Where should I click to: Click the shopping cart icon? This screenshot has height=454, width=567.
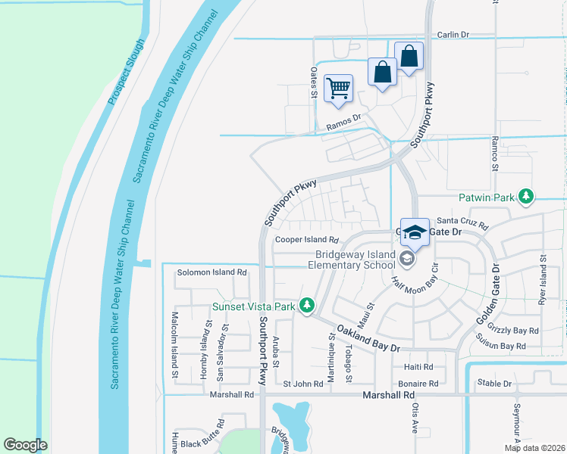[x=338, y=88]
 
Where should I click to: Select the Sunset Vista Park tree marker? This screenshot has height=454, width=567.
[x=307, y=305]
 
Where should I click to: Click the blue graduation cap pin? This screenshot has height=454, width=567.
[x=415, y=232]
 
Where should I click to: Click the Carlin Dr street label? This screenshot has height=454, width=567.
[x=454, y=35]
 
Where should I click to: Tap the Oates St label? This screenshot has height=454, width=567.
[x=313, y=82]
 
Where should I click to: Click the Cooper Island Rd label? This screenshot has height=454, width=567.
[x=305, y=239]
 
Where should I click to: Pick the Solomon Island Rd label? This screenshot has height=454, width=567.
[x=211, y=272]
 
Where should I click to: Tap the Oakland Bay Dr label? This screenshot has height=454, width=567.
[x=368, y=339]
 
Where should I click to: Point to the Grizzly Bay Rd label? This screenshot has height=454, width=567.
[x=514, y=331]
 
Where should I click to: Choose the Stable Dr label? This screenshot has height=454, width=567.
[x=494, y=384]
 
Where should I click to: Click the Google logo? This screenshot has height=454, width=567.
[x=26, y=445]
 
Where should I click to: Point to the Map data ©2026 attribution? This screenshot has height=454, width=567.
[x=534, y=448]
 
